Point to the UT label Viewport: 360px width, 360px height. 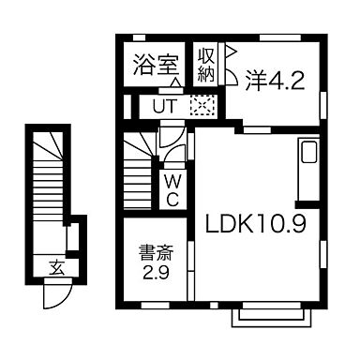tap(163, 106)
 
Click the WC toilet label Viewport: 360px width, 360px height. tap(173, 189)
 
